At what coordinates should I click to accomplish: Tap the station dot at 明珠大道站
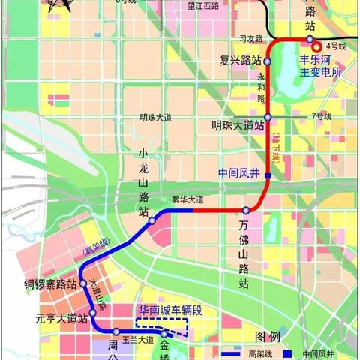click(x=267, y=118)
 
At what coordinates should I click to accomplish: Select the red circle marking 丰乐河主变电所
click(x=317, y=46)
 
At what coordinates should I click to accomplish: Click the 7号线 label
click(x=322, y=116)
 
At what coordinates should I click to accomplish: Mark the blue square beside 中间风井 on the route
click(x=268, y=175)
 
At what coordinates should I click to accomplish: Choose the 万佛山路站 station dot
click(x=246, y=210)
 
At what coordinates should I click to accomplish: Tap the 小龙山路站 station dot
click(x=151, y=221)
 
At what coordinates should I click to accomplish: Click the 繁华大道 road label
click(x=187, y=199)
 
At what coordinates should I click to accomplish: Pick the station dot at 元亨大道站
click(x=91, y=312)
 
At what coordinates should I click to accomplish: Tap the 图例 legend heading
click(x=267, y=336)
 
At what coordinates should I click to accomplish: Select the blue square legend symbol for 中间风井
click(x=288, y=352)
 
